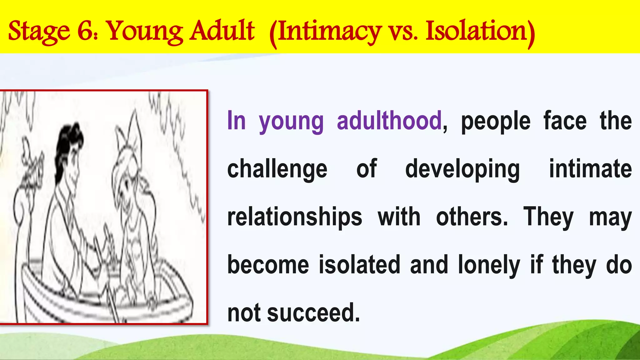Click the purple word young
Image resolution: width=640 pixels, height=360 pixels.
pos(291,122)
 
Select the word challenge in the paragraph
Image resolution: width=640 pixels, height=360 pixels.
pos(277,169)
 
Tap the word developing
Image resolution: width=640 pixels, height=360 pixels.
pos(462,169)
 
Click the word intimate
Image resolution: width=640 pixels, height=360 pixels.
pos(591,169)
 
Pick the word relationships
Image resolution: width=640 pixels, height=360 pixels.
pos(295,217)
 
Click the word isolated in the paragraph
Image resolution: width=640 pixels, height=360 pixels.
pos(359,265)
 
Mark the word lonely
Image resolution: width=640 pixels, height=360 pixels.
pos(489,265)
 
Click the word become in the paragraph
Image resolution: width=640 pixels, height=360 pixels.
pos(268,265)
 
